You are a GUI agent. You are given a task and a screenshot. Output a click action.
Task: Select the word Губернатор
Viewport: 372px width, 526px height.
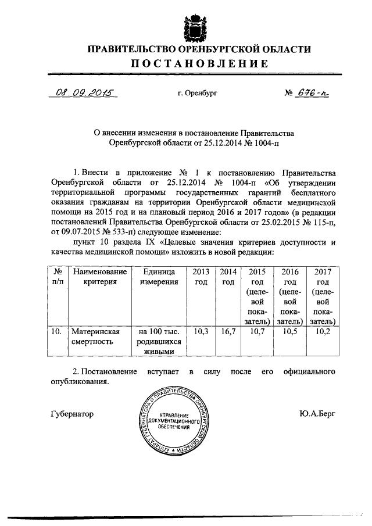click(x=72, y=413)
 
